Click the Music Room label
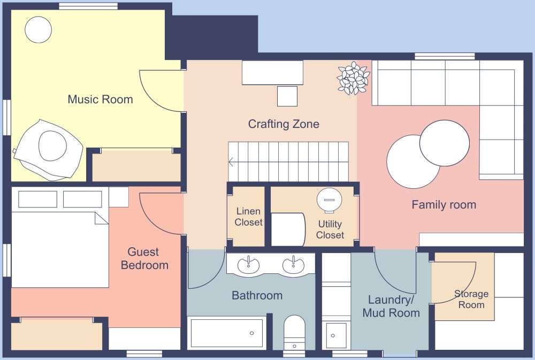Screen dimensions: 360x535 click(x=100, y=99)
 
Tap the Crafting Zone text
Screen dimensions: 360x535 click(x=284, y=124)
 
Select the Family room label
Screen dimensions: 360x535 click(x=444, y=204)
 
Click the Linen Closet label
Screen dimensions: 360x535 click(x=249, y=217)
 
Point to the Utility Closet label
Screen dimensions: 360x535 click(x=330, y=229)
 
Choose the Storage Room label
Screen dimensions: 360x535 click(x=471, y=299)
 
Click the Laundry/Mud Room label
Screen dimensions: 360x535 click(x=391, y=307)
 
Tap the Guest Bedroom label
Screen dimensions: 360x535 click(x=144, y=258)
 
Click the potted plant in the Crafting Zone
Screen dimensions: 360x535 click(x=353, y=78)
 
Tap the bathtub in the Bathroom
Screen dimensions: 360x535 click(x=227, y=333)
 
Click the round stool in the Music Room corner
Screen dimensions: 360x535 click(x=39, y=29)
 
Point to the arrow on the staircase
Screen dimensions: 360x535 click(x=231, y=162)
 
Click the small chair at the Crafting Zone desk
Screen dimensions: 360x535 click(x=287, y=96)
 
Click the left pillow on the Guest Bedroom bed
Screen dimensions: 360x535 click(x=37, y=199)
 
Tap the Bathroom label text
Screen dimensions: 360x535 click(x=257, y=295)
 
